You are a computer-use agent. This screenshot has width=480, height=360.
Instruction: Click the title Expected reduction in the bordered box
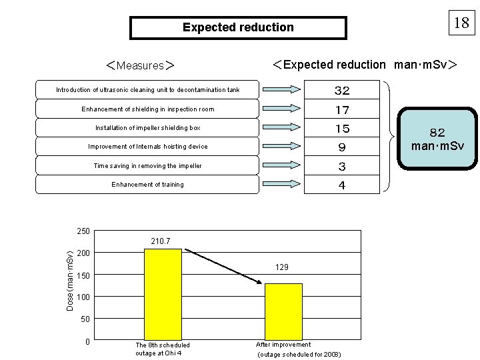point(238,28)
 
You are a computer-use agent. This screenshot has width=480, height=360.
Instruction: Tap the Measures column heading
point(141,65)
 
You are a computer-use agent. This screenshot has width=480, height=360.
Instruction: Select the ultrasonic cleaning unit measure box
point(147,90)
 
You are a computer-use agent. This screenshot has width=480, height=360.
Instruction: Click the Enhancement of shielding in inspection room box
point(147,109)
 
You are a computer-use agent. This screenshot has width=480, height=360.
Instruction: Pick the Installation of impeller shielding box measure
point(147,127)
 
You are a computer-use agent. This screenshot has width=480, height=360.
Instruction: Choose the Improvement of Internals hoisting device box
point(147,147)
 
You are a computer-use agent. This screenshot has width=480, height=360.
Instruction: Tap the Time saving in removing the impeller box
point(147,165)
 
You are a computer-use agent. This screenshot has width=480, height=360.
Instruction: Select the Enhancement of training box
point(147,184)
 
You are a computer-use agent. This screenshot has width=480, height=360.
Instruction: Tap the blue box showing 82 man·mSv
point(437,138)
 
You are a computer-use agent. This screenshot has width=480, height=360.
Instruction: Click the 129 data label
point(282,267)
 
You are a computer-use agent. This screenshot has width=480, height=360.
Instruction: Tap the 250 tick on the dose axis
point(83,231)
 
